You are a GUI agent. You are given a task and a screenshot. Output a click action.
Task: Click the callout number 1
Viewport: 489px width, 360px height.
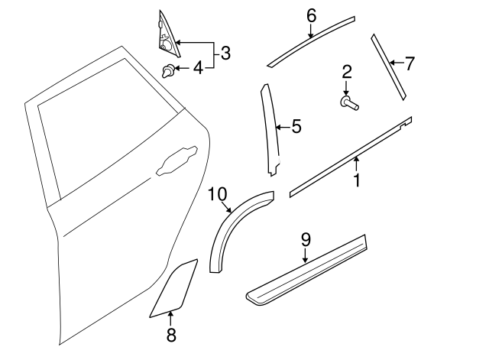tap(356, 182)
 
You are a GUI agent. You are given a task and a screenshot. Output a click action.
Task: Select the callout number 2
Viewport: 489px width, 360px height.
tap(346, 73)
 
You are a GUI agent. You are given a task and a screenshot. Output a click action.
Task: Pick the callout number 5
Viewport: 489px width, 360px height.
tap(296, 127)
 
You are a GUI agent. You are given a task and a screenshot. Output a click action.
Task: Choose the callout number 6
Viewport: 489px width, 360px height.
tap(311, 15)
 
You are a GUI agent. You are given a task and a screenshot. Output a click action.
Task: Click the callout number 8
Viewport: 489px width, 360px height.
tap(171, 335)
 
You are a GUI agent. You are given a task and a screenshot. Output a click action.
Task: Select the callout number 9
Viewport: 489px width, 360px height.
tap(306, 239)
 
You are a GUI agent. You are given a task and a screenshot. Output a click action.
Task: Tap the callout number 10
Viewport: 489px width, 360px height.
tap(217, 195)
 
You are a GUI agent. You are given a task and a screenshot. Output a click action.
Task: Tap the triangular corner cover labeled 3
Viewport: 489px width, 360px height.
tap(167, 34)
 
